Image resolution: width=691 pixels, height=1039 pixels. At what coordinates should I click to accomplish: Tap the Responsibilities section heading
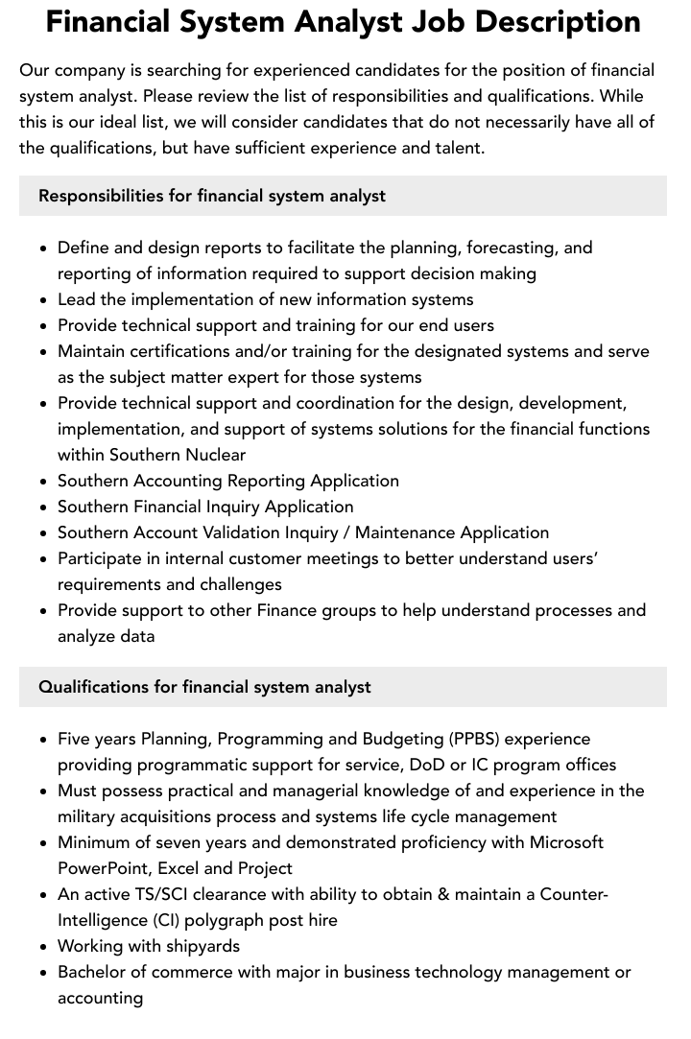pyautogui.click(x=211, y=196)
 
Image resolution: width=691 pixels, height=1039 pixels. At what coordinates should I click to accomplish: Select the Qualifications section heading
pyautogui.click(x=204, y=687)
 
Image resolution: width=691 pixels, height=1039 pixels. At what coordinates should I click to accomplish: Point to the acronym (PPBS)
pyautogui.click(x=472, y=739)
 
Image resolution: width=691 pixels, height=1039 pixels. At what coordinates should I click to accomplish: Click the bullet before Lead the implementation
pyautogui.click(x=44, y=300)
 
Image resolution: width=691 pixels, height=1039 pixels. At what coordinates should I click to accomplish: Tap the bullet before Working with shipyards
pyautogui.click(x=44, y=947)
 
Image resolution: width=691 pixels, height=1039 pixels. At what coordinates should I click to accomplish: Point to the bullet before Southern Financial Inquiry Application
pyautogui.click(x=44, y=508)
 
